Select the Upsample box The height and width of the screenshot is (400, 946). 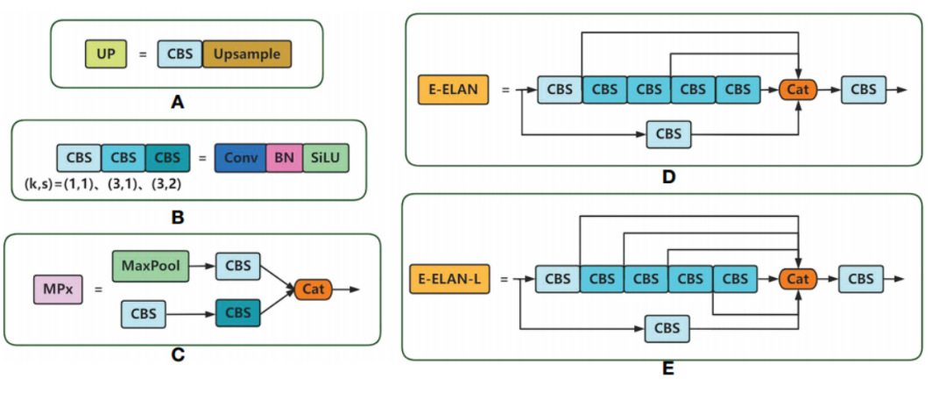(247, 54)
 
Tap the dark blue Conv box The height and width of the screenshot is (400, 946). (239, 158)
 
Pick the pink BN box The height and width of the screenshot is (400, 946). (283, 158)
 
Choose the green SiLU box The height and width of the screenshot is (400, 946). (326, 158)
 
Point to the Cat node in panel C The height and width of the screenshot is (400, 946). (314, 289)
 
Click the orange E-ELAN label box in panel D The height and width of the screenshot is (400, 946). (451, 89)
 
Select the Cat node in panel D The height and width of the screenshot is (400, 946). (798, 89)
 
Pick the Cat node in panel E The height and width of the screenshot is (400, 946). (797, 279)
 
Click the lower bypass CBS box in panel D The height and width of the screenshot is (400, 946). (668, 134)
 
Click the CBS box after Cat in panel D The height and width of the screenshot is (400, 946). (864, 89)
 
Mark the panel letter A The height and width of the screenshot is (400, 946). (178, 104)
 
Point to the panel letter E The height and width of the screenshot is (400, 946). (668, 369)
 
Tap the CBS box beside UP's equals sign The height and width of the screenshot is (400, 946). (180, 54)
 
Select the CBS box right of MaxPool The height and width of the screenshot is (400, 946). (237, 265)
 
